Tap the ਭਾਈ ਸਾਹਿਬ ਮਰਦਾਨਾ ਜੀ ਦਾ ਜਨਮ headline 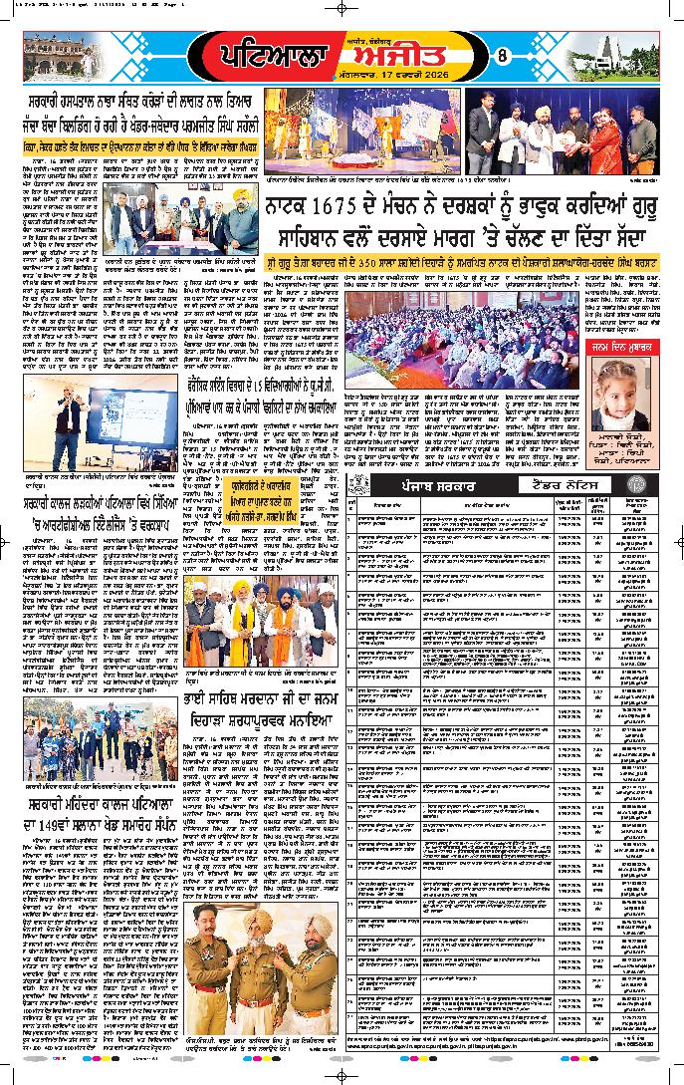[260, 712]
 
